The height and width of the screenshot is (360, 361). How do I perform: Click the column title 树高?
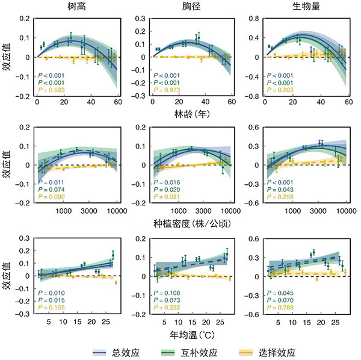pyautogui.click(x=75, y=7)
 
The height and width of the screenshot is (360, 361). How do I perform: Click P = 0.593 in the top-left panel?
pyautogui.click(x=51, y=90)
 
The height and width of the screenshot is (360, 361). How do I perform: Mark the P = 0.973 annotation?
pyautogui.click(x=167, y=90)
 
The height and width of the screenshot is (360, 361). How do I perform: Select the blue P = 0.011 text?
pyautogui.click(x=51, y=182)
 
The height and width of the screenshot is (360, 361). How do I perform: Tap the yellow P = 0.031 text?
pyautogui.click(x=167, y=197)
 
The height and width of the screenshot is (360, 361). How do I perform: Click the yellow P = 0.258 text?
pyautogui.click(x=282, y=197)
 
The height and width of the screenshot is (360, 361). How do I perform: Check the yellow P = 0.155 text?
pyautogui.click(x=51, y=308)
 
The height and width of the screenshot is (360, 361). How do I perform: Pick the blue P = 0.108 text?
pyautogui.click(x=167, y=293)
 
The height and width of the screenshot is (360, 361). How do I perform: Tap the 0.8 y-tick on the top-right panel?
pyautogui.click(x=255, y=19)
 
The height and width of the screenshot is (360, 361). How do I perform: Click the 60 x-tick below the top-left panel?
pyautogui.click(x=118, y=102)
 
